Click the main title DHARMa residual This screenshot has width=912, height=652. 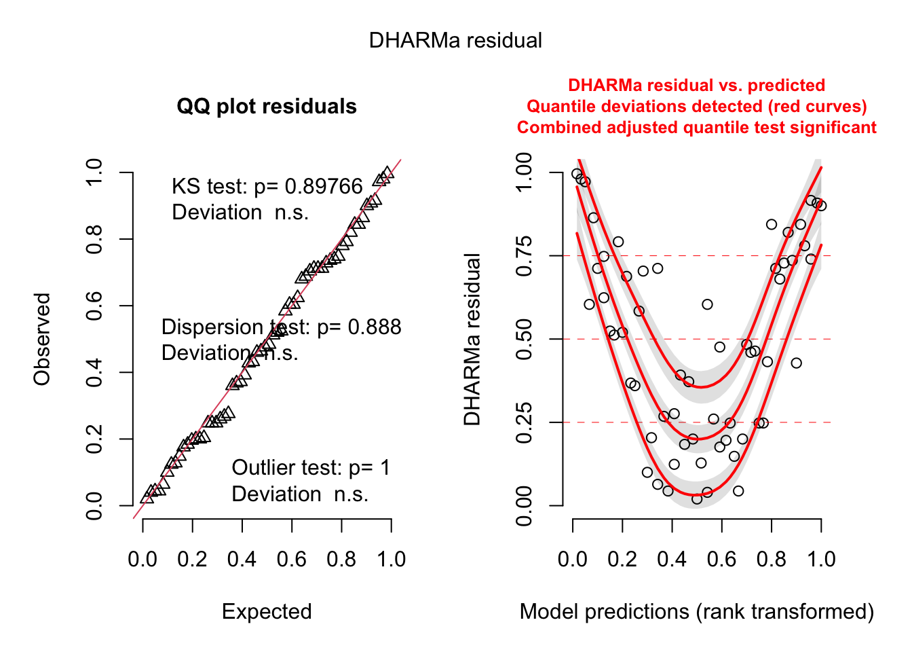[455, 41]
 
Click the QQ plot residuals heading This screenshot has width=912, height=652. [267, 107]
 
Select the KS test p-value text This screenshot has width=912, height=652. [267, 186]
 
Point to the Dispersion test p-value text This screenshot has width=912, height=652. [281, 327]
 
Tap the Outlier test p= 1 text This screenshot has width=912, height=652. [311, 468]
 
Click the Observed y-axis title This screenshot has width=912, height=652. [42, 339]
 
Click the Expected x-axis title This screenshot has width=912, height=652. [267, 612]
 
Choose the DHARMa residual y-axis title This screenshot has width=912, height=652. [472, 339]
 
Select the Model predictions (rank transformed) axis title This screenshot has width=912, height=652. [696, 612]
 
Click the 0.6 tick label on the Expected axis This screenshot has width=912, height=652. [292, 560]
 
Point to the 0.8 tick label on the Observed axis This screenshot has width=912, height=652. [94, 239]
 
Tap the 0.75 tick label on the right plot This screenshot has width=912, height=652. [525, 256]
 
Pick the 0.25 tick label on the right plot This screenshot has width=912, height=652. [525, 422]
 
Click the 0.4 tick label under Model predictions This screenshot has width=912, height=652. [672, 560]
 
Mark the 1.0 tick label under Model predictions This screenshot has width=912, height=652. [821, 560]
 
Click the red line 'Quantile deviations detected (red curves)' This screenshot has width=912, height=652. [696, 107]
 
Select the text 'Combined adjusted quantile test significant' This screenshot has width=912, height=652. [696, 128]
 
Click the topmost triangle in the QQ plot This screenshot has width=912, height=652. [387, 173]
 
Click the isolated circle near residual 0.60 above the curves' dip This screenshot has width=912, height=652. [707, 304]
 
